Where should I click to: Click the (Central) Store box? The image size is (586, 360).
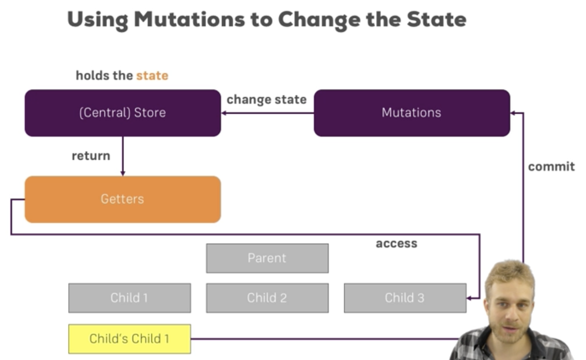click(122, 113)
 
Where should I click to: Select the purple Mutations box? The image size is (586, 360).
click(411, 113)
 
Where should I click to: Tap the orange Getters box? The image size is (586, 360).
click(122, 199)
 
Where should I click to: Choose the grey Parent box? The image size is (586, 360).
click(267, 258)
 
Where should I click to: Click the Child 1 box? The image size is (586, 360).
click(130, 298)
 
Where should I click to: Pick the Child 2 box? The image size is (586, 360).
click(267, 298)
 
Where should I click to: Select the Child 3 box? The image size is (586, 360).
click(404, 298)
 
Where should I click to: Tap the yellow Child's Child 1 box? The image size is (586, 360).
click(130, 339)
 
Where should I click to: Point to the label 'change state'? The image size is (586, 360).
click(266, 99)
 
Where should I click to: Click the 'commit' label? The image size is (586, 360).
click(551, 166)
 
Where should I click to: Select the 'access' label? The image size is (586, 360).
click(396, 244)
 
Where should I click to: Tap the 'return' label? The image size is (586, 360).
click(91, 156)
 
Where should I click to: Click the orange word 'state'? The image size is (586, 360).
click(152, 76)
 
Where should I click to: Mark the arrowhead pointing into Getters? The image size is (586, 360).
click(122, 173)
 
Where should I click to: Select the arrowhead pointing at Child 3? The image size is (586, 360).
click(469, 298)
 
